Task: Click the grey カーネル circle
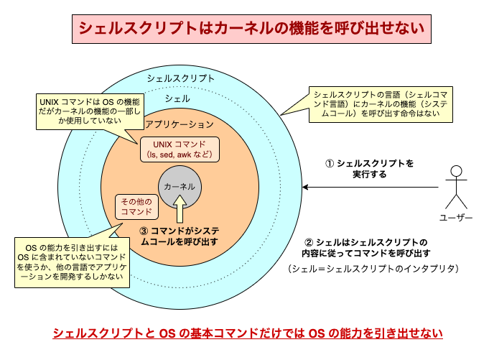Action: tap(180, 186)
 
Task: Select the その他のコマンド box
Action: tap(136, 206)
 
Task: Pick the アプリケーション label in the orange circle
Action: tap(180, 124)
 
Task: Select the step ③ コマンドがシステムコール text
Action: tap(185, 237)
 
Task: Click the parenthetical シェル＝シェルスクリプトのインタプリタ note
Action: tap(371, 269)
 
